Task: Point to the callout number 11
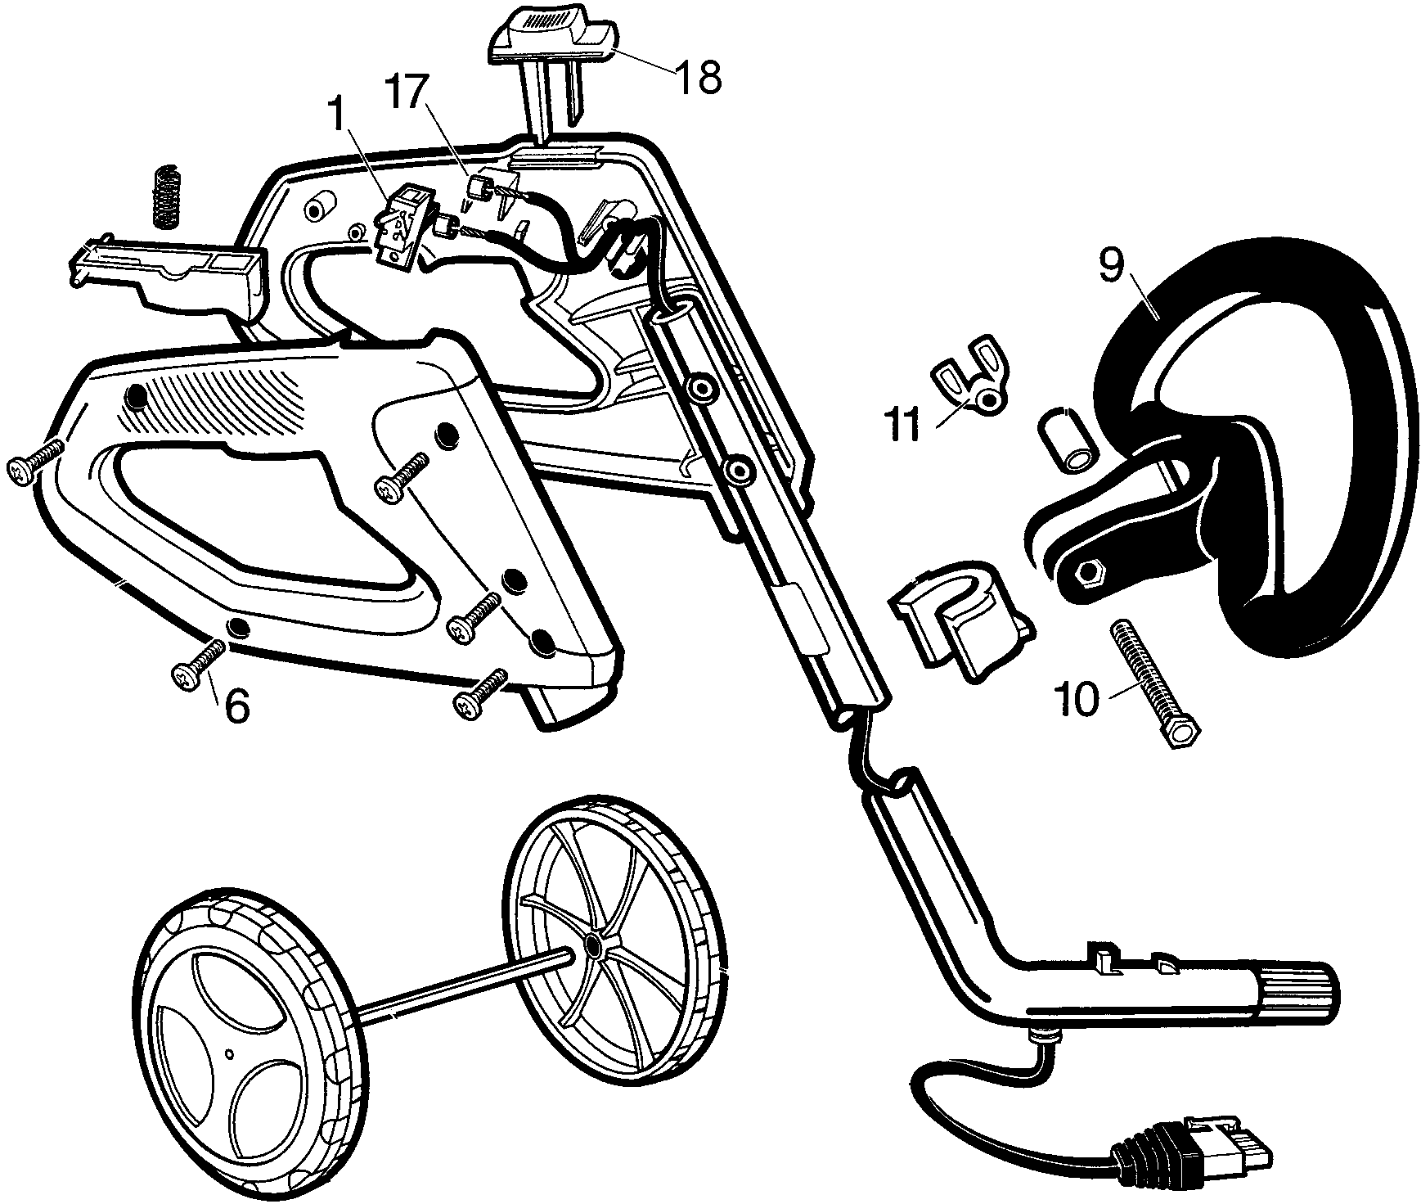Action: (x=903, y=428)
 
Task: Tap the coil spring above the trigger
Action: (x=167, y=196)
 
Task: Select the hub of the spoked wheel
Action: (x=591, y=946)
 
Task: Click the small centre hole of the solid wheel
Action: (x=231, y=1052)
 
